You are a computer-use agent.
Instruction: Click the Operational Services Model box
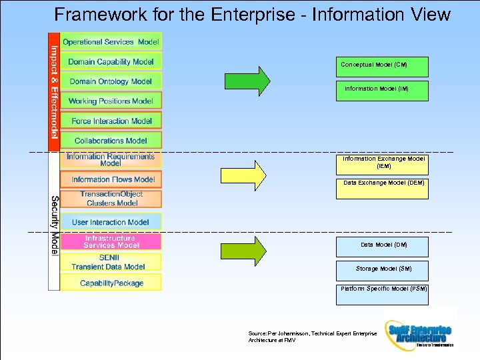pos(111,41)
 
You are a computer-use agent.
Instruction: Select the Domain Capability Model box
pos(111,61)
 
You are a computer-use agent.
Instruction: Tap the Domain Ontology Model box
pos(111,81)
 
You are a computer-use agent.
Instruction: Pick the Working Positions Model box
pos(111,101)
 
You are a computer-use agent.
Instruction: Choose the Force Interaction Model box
pos(111,121)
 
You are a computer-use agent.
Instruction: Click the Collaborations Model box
pos(111,141)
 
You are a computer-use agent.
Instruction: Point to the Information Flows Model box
pos(111,179)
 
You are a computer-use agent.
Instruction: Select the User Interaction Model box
pos(111,222)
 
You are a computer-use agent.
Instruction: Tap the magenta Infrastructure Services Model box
pos(111,241)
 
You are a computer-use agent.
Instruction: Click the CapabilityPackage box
pos(111,283)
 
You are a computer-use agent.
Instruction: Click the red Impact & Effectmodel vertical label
pos(53,91)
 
